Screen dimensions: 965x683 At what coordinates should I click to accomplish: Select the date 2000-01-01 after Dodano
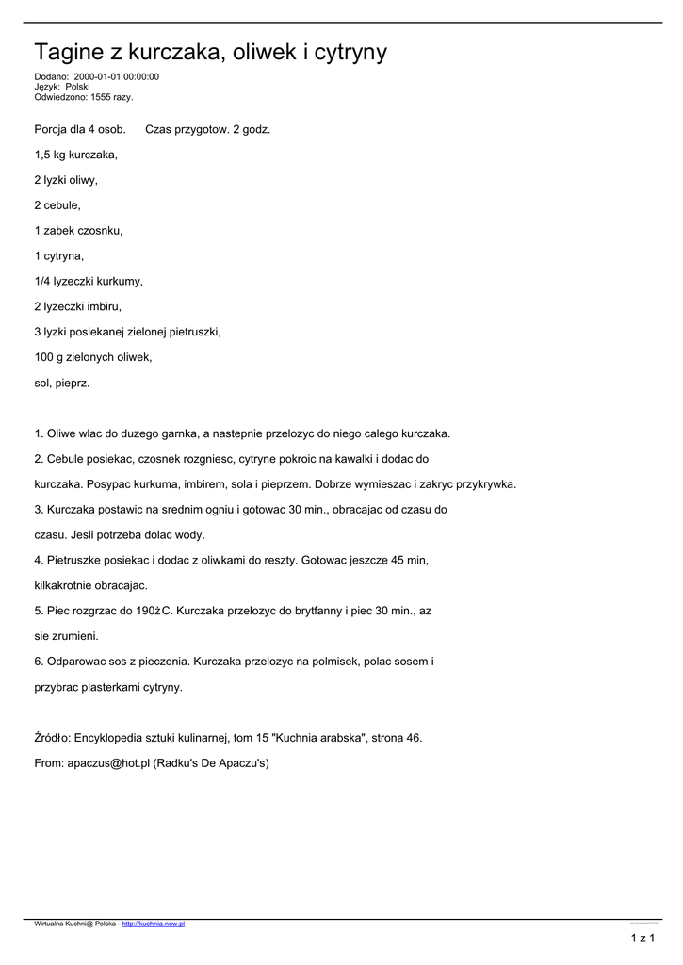pyautogui.click(x=97, y=77)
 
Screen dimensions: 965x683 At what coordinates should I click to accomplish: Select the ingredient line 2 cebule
pyautogui.click(x=57, y=204)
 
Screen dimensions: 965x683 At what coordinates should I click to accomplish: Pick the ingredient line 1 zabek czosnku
pyautogui.click(x=78, y=230)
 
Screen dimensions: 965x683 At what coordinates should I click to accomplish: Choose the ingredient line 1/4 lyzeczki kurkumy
pyautogui.click(x=89, y=281)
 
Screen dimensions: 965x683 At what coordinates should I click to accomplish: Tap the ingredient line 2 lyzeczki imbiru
pyautogui.click(x=77, y=306)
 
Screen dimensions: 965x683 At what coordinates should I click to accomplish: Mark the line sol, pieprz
pyautogui.click(x=61, y=383)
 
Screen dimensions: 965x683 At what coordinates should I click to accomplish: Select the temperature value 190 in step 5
pyautogui.click(x=145, y=612)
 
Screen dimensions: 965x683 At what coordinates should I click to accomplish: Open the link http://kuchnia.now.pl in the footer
pyautogui.click(x=154, y=924)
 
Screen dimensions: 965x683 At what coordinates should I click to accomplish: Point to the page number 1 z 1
pyautogui.click(x=642, y=939)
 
